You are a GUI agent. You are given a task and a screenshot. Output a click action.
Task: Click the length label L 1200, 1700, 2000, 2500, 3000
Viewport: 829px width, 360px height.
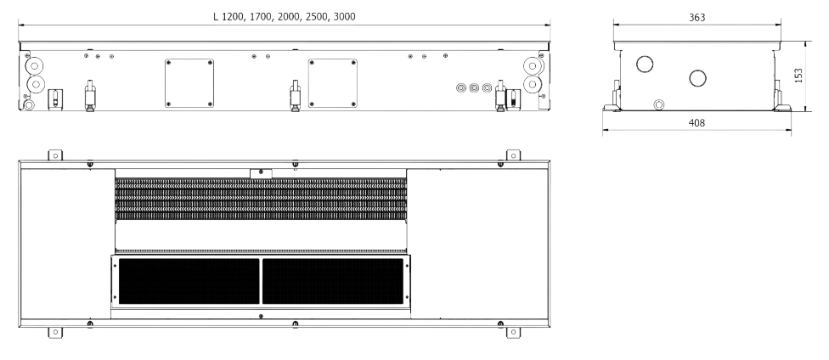pos(284,17)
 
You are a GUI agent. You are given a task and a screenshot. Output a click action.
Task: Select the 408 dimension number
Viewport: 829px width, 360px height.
pos(696,123)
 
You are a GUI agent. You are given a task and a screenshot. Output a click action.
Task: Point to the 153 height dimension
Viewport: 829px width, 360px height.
pos(798,76)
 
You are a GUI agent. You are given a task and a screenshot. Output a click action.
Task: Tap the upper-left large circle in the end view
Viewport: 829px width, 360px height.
pos(645,65)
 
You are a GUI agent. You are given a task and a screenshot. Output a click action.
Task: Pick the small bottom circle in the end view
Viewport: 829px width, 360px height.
pos(658,104)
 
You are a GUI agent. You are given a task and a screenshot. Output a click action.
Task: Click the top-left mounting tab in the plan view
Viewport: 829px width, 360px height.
pos(55,155)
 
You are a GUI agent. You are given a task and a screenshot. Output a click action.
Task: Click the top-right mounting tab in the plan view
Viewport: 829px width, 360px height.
pos(512,155)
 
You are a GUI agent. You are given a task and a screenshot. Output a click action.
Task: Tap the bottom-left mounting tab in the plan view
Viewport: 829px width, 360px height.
pos(55,331)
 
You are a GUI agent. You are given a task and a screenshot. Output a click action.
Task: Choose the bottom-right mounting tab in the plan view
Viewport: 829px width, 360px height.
pos(512,331)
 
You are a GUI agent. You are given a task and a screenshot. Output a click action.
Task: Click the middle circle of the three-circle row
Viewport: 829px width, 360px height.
pos(474,87)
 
